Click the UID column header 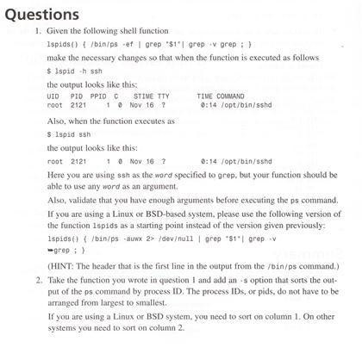coord(53,97)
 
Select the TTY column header coord(164,97)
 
